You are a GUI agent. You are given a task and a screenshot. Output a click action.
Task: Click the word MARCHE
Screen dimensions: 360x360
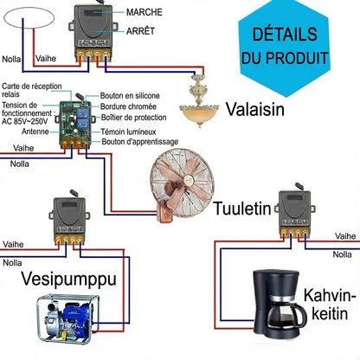(x=145, y=12)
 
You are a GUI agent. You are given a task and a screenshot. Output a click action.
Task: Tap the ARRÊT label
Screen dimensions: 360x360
(x=140, y=30)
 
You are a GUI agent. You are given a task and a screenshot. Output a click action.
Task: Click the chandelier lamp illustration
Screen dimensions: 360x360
(x=199, y=101)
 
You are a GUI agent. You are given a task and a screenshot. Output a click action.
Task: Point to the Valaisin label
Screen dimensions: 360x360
(x=255, y=109)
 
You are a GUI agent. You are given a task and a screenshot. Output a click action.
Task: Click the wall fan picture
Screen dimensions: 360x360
(x=183, y=185)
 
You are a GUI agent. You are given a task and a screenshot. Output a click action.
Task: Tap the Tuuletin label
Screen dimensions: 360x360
(x=242, y=209)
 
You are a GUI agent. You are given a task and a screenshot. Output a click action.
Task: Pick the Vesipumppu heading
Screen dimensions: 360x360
(x=69, y=280)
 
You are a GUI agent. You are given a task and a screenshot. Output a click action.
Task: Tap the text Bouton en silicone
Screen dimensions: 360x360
(x=130, y=95)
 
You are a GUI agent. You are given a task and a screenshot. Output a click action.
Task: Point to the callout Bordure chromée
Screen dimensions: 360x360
(x=128, y=106)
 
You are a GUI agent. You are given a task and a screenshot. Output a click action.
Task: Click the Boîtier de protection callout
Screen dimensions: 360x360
(x=134, y=118)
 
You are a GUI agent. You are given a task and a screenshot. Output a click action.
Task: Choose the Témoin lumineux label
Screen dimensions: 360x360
(x=128, y=132)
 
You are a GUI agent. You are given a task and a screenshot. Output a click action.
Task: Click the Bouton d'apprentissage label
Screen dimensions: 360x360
(x=140, y=142)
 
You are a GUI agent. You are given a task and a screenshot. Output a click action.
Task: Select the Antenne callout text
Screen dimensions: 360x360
(x=35, y=132)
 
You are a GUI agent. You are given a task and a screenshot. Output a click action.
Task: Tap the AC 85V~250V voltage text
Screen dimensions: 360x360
(x=25, y=121)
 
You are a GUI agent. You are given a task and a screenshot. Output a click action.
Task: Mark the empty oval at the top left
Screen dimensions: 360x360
(x=29, y=8)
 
